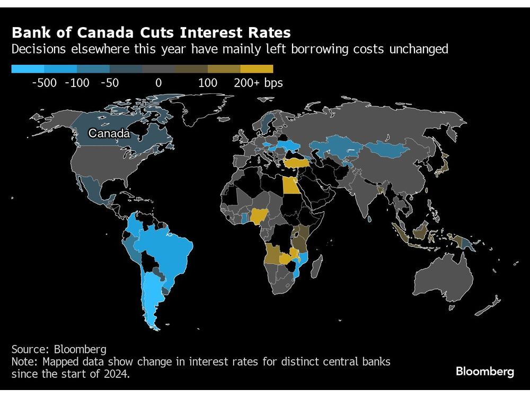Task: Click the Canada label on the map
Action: tap(109, 133)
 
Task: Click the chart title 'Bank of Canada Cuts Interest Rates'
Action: tap(151, 32)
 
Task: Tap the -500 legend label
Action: tap(44, 83)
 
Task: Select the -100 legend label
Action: tap(77, 83)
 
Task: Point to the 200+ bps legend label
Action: tap(258, 83)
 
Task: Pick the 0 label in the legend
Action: tap(158, 83)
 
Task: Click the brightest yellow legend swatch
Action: tap(257, 68)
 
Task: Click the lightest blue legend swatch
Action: tap(28, 68)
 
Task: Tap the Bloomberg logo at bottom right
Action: tap(484, 371)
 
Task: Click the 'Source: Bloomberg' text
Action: tap(59, 349)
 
